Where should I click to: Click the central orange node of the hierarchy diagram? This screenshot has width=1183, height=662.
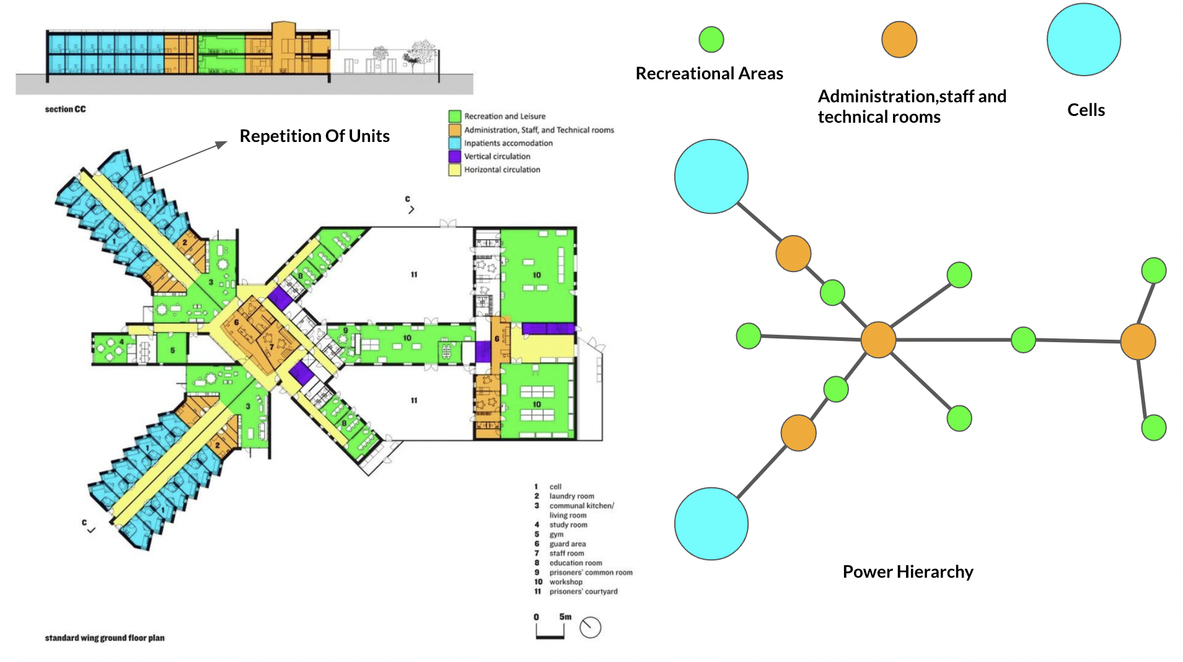pos(878,340)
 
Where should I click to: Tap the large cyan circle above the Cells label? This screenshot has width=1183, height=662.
pos(1083,40)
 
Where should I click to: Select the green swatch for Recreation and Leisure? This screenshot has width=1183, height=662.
pos(455,116)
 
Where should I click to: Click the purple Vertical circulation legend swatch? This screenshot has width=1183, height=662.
pos(455,156)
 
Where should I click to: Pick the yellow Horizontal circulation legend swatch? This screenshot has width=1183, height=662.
pos(455,170)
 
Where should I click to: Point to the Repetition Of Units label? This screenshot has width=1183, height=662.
pos(314,136)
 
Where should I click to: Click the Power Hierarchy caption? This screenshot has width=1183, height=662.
pos(907,572)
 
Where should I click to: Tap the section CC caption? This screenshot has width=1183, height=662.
pos(65,109)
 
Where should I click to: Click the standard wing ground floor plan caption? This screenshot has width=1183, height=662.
pos(105,638)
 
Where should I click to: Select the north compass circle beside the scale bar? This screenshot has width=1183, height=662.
pos(590,627)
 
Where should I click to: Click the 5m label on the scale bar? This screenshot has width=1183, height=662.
pos(565,617)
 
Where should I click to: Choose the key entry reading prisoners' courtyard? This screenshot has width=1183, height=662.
pos(583,591)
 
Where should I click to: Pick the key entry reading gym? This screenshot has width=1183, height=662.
pos(556,534)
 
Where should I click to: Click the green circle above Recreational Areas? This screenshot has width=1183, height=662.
pos(711,40)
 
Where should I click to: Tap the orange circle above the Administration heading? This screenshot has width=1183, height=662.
pos(899,40)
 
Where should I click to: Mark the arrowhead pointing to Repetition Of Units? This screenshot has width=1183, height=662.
pos(222,144)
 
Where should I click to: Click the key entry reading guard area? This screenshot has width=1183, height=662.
pos(567,544)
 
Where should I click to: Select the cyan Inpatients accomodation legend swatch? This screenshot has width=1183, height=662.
pos(455,143)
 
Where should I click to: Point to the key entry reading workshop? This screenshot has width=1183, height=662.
pos(566,582)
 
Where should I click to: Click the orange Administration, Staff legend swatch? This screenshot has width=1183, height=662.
pos(455,130)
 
